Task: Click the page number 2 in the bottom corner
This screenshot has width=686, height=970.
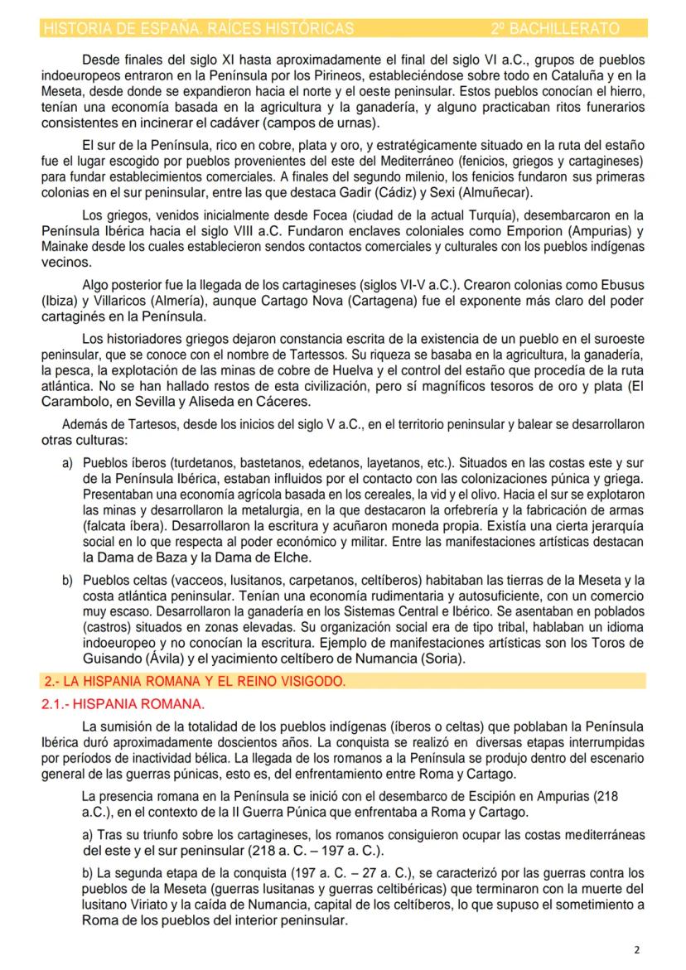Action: [635, 949]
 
